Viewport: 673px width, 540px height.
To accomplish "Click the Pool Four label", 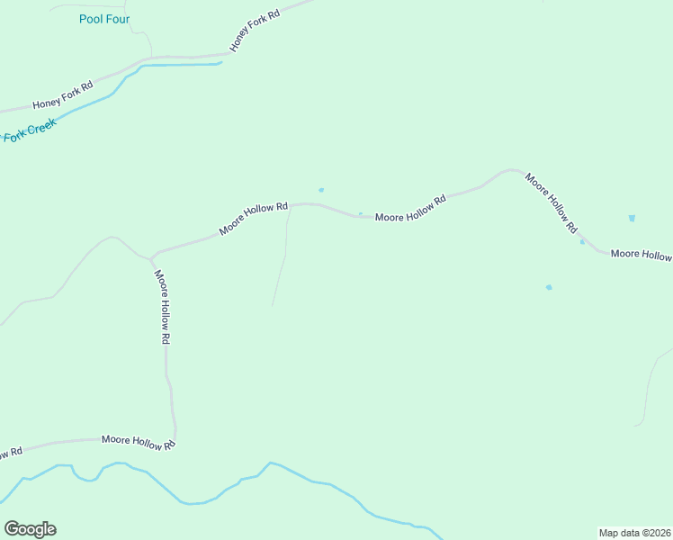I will coord(104,19).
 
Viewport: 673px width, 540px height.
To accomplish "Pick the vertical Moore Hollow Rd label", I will coord(162,308).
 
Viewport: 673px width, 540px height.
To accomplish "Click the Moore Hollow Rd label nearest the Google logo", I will coord(138,441).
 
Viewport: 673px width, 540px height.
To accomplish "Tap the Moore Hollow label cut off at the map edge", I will coord(641,255).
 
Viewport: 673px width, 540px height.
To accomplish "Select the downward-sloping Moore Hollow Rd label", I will coord(552,204).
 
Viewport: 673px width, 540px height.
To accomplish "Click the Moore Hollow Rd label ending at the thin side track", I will coord(253,218).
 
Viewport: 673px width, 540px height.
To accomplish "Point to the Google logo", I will coord(30,529).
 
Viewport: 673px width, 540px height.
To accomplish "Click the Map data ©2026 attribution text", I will coord(635,533).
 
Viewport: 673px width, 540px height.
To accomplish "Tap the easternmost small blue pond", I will coord(632,218).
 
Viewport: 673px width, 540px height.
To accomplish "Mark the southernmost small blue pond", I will coord(549,287).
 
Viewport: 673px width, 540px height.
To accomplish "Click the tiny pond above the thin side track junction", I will coord(321,190).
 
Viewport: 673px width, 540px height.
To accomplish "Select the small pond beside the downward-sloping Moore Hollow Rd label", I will coord(582,241).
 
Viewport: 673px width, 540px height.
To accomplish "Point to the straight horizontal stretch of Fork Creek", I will coord(180,65).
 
